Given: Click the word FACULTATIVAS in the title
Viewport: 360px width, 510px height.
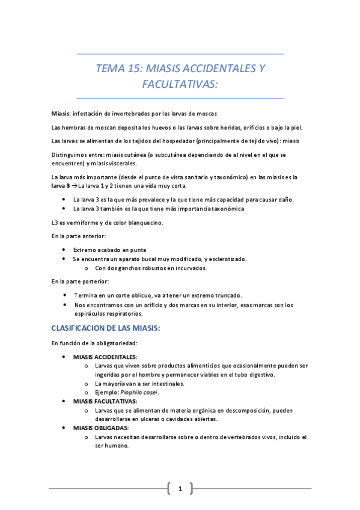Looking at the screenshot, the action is click(180, 84).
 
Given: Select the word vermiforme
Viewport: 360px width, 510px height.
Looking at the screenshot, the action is click(83, 222).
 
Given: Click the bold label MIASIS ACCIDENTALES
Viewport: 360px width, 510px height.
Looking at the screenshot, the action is click(105, 356).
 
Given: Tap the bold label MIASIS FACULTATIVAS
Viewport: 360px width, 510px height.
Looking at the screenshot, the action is click(105, 401).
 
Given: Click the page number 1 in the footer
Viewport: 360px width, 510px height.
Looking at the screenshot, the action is click(180, 489).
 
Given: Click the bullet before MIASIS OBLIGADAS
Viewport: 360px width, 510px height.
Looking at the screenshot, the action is click(64, 428).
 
